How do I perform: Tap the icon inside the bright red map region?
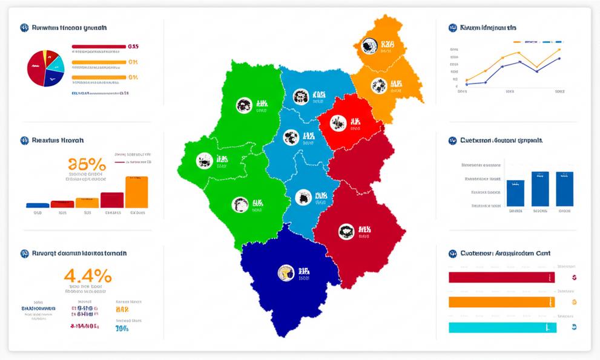[x=338, y=123]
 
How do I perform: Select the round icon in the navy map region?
[x=286, y=273]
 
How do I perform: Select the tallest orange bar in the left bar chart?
[x=136, y=192]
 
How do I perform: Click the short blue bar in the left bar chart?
[x=38, y=205]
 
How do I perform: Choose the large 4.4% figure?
[x=88, y=276]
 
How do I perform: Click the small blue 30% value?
[x=122, y=329]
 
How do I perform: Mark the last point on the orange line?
[x=559, y=49]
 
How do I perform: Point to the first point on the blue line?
[x=467, y=85]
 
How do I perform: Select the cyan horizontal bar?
[x=502, y=327]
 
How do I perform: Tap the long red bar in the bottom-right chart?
[x=502, y=277]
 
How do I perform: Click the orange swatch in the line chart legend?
[x=517, y=42]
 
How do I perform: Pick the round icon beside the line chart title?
[x=452, y=27]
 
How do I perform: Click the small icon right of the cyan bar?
[x=573, y=327]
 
